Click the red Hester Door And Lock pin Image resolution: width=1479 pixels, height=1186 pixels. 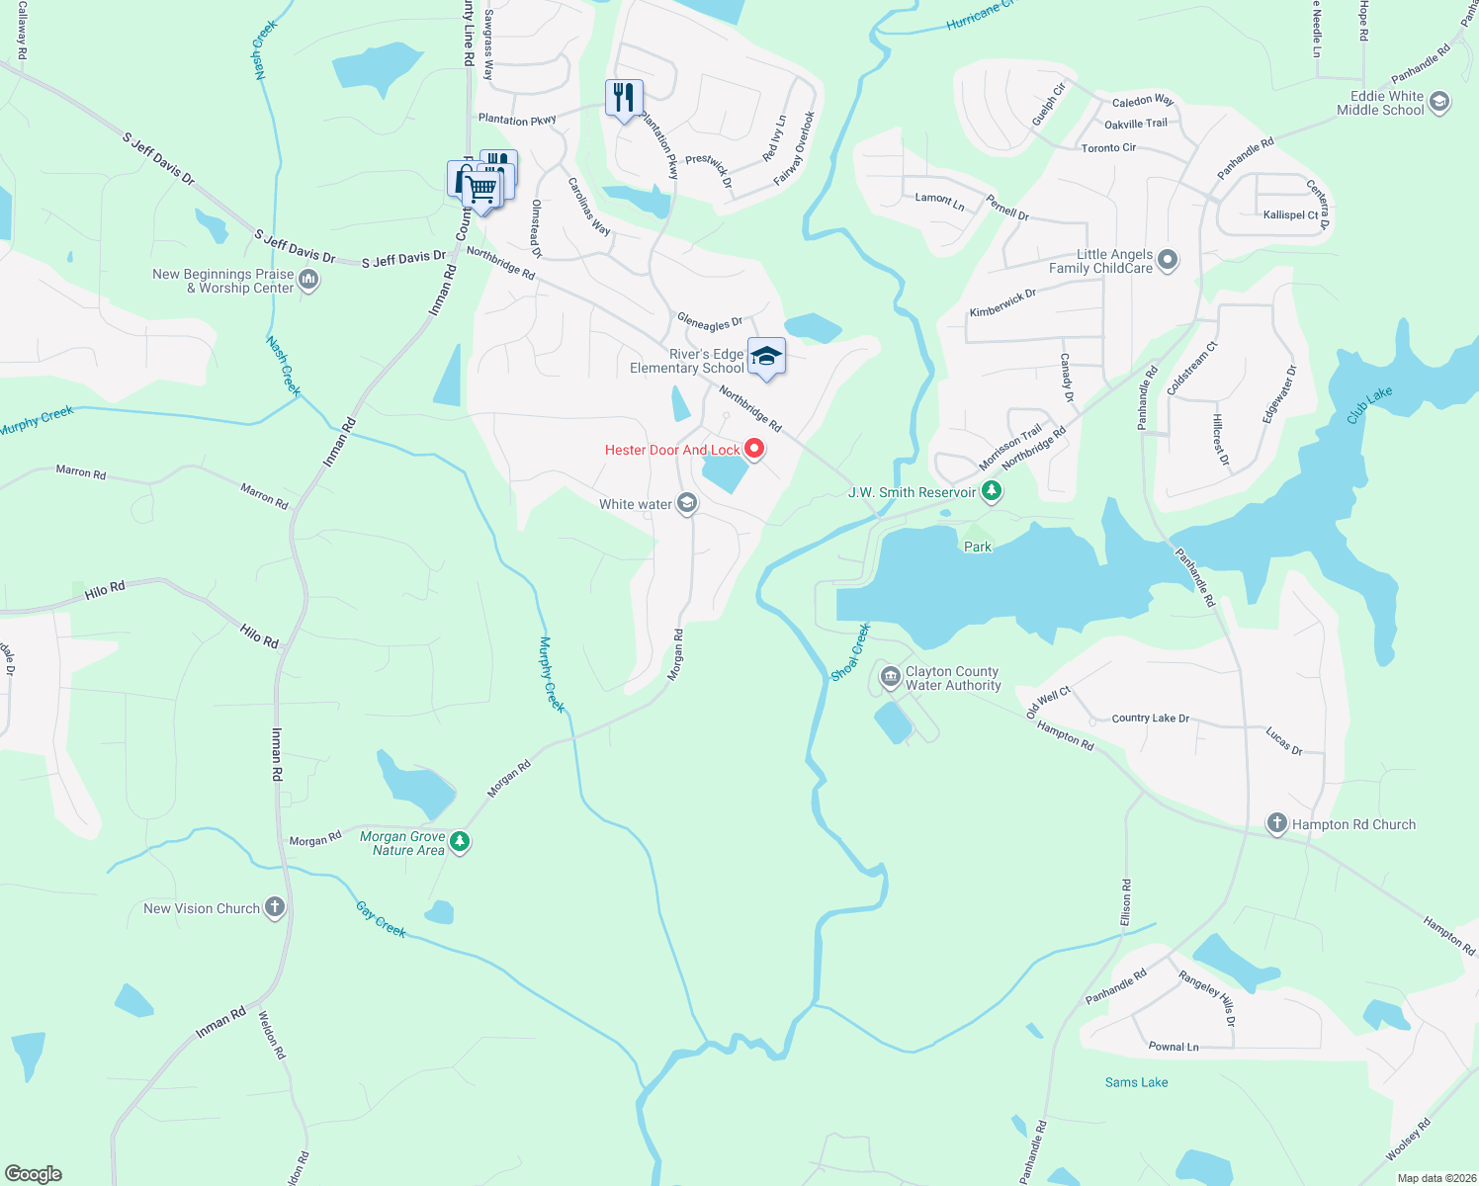pos(754,450)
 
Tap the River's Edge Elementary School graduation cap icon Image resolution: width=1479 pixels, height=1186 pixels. pos(766,357)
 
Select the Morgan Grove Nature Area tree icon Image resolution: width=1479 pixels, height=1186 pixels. pos(459,842)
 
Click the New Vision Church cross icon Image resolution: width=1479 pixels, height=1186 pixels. pos(275,907)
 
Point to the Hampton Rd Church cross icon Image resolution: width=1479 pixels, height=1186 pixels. pos(1277,823)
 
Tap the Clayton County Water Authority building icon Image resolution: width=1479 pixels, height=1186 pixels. pos(890,677)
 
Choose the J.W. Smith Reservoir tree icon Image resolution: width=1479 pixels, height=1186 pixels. pos(992,491)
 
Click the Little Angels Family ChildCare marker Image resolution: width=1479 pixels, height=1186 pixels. pos(1168,260)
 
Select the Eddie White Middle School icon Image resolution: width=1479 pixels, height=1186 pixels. pos(1439,102)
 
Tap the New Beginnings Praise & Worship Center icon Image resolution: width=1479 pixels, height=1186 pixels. pos(308,281)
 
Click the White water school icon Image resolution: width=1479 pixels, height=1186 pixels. pos(687,504)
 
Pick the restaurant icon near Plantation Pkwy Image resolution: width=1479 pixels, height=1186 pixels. pos(624,97)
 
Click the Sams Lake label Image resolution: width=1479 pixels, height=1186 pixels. pos(1136,1082)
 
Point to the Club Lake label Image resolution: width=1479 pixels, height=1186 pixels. pos(1369,405)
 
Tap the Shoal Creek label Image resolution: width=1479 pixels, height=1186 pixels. pos(850,652)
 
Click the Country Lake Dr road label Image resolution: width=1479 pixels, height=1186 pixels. pos(1150,719)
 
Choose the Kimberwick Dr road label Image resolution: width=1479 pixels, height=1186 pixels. pos(1002,303)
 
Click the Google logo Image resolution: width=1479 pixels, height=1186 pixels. pos(34,1174)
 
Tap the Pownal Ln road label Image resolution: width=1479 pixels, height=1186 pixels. pos(1174,1047)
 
